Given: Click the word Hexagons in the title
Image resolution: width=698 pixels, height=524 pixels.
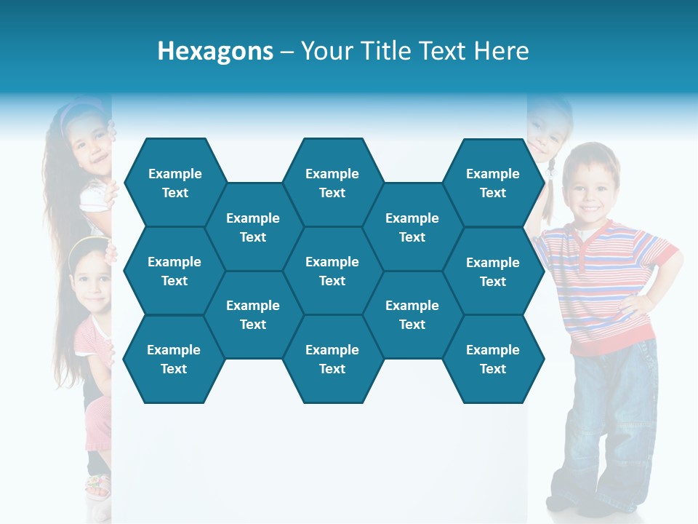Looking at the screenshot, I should pyautogui.click(x=215, y=51).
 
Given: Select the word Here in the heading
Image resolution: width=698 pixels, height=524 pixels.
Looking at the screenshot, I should pyautogui.click(x=501, y=51).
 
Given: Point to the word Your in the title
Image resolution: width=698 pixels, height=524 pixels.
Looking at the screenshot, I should pyautogui.click(x=325, y=51).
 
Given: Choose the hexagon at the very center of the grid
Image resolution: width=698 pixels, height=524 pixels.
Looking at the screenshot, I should pyautogui.click(x=332, y=271).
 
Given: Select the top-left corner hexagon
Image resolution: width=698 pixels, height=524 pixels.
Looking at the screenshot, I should pyautogui.click(x=174, y=183).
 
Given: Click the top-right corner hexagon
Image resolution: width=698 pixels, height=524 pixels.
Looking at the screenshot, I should pyautogui.click(x=493, y=183).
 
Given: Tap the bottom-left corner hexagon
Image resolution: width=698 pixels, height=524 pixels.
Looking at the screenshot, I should pyautogui.click(x=174, y=359).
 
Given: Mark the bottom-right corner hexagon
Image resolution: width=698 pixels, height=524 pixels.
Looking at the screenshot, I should pyautogui.click(x=493, y=359).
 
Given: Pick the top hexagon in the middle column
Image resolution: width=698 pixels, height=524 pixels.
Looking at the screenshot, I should pyautogui.click(x=332, y=183).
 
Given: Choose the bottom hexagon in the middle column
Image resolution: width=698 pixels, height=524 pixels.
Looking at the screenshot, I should pyautogui.click(x=332, y=359).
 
